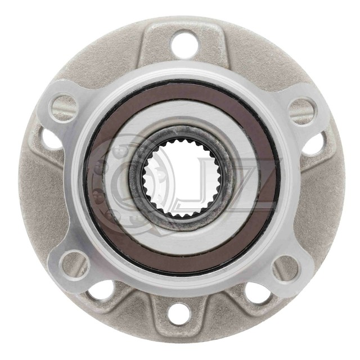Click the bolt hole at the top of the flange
[184, 42]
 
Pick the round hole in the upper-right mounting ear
[302, 109]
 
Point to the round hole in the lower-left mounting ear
[72, 264]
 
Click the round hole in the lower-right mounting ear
[285, 268]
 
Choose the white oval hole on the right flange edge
[313, 142]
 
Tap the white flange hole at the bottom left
[101, 290]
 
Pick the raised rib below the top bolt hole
[184, 66]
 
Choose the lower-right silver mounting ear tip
[298, 276]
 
